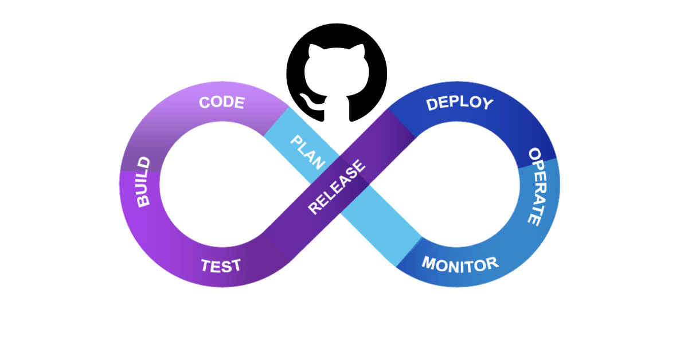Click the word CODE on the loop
221,103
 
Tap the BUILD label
143,182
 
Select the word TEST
221,266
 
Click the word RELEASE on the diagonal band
337,187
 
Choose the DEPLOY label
459,103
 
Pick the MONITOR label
460,264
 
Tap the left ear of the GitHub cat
313,51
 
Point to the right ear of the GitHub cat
360,51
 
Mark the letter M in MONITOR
429,263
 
